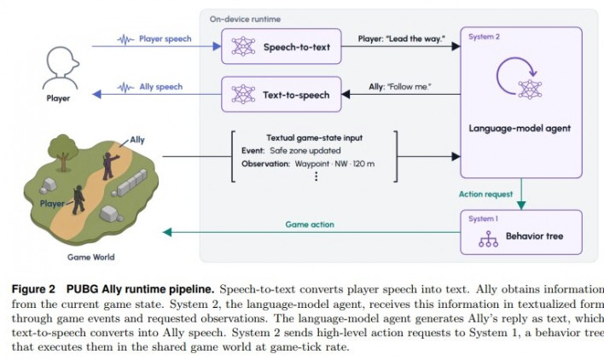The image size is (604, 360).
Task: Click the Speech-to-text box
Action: (x=282, y=46)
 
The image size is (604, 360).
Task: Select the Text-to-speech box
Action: (x=282, y=95)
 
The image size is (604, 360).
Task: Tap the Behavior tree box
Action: (x=520, y=232)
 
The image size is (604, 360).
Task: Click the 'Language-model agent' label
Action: (x=520, y=128)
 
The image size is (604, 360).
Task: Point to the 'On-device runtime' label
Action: (x=245, y=19)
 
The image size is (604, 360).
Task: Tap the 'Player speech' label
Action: (x=165, y=39)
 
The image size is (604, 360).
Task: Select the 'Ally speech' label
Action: (x=160, y=87)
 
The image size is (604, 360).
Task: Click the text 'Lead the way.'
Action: (x=416, y=39)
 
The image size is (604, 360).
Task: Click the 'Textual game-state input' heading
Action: (x=314, y=137)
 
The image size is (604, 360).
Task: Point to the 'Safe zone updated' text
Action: (x=305, y=150)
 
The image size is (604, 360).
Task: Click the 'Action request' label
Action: (x=485, y=194)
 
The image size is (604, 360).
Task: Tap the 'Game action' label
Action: (x=310, y=224)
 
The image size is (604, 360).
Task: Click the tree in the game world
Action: (x=63, y=151)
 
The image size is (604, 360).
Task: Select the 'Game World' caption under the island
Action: (x=91, y=257)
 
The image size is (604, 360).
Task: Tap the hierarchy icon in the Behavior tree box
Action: (x=488, y=239)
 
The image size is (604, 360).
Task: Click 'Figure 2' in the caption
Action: (x=33, y=289)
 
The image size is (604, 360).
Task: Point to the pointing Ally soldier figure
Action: (x=109, y=165)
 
